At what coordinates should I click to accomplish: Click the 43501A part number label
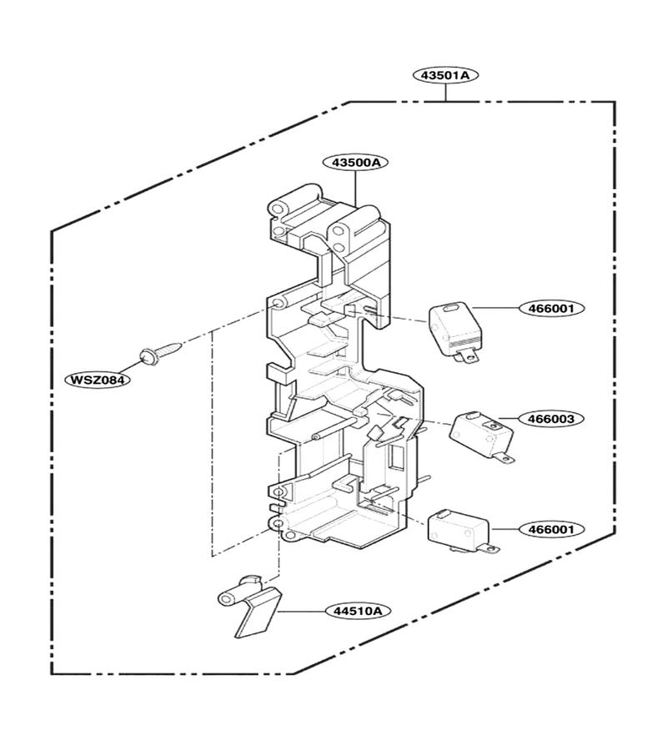point(445,75)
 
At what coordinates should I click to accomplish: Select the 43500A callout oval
point(355,163)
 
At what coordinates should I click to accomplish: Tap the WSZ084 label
point(98,381)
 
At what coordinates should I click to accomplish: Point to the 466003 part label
point(552,419)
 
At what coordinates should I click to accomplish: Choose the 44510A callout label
point(358,611)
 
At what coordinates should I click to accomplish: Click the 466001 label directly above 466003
point(552,308)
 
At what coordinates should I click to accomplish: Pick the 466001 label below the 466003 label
point(552,529)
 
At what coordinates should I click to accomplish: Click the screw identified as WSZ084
point(160,351)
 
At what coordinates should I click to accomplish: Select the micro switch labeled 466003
point(482,436)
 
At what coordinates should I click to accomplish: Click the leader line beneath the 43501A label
point(445,93)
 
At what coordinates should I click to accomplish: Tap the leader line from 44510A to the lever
point(302,611)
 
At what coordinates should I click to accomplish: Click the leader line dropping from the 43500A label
point(355,189)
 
